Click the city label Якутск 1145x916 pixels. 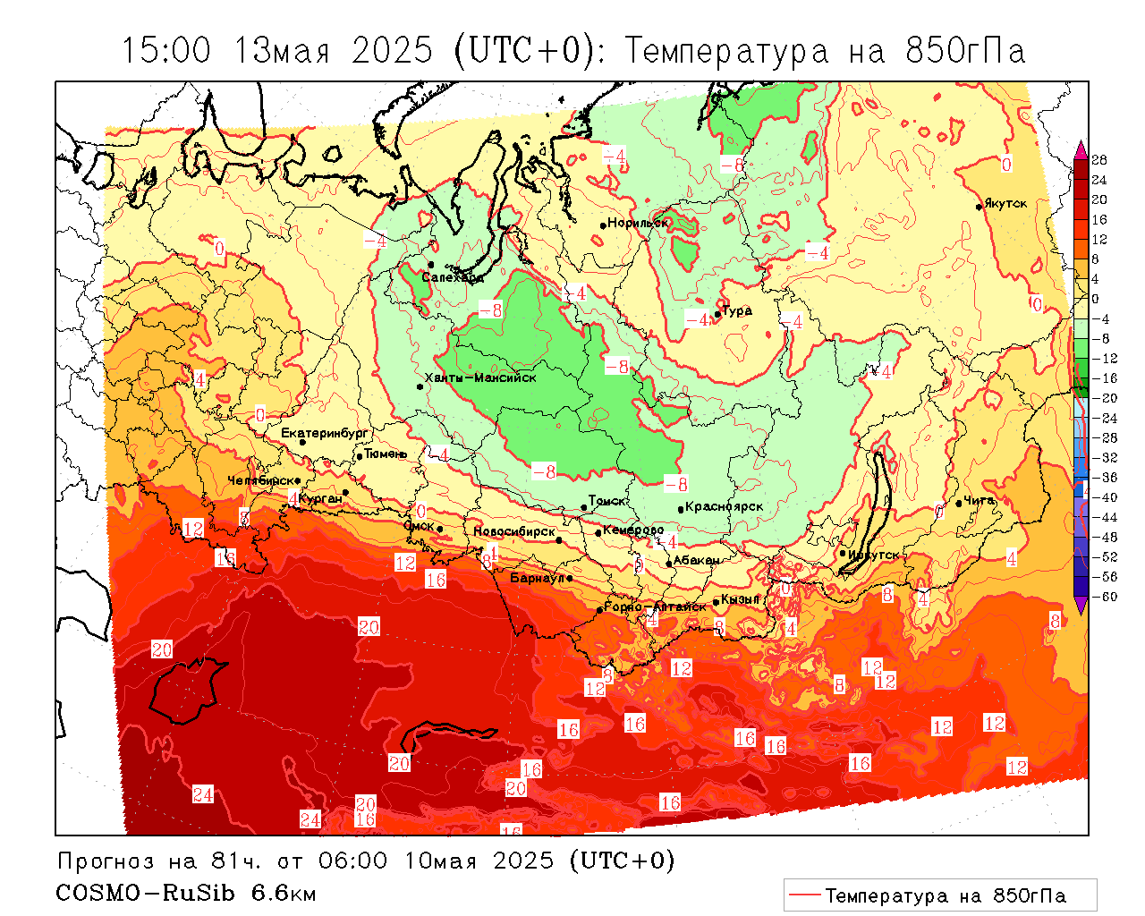[1005, 204]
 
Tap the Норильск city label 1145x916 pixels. [638, 223]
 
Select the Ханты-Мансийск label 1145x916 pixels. [480, 377]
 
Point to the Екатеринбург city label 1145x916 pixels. [325, 434]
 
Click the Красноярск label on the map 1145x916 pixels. [725, 507]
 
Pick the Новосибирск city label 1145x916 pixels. [514, 532]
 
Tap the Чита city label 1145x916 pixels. [980, 501]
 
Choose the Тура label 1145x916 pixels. [737, 311]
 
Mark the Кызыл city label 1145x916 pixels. [741, 599]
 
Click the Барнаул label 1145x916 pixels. [538, 579]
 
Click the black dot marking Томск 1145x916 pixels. [584, 507]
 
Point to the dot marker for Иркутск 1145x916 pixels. [843, 553]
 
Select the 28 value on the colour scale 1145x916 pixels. [1099, 160]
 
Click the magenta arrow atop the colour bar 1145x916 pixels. [1081, 148]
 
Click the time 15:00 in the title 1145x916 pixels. [166, 51]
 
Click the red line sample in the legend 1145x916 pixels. [805, 895]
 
